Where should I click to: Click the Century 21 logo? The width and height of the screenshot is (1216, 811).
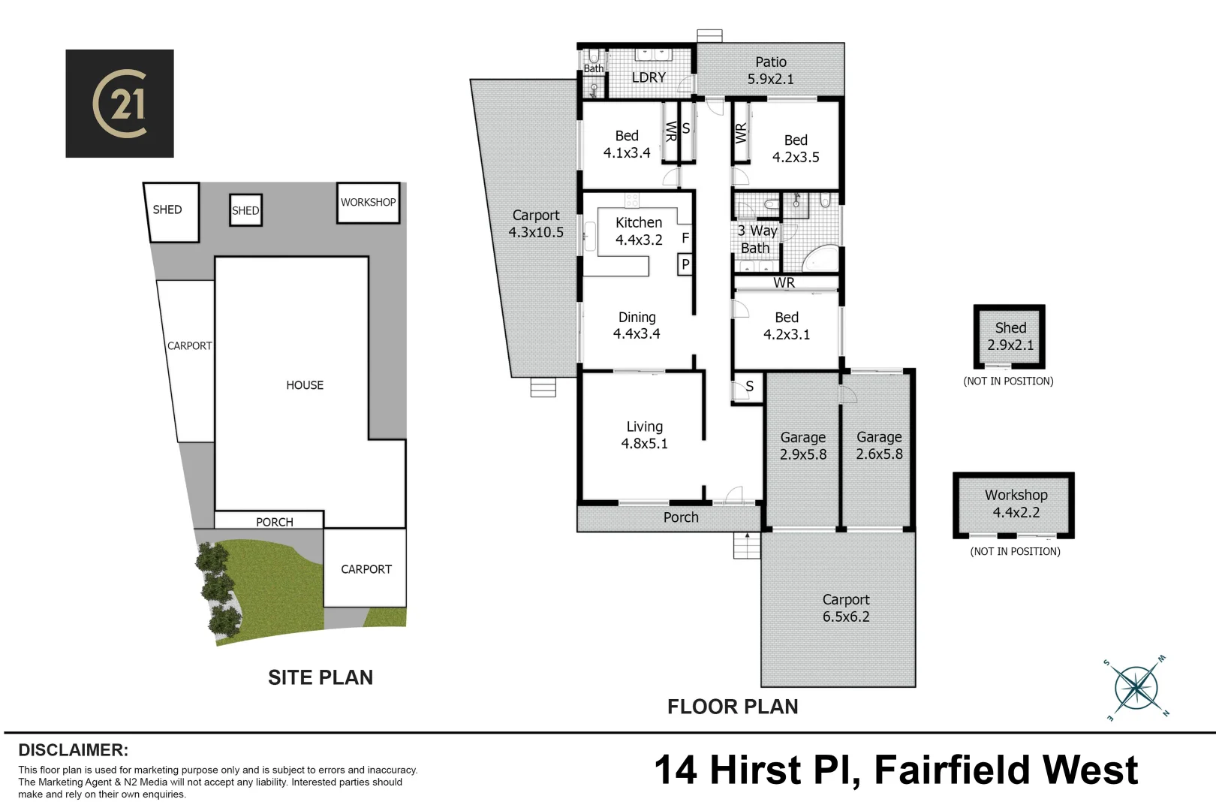[119, 104]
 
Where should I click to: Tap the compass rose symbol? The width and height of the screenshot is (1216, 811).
[1136, 688]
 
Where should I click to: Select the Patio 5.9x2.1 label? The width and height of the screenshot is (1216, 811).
[770, 71]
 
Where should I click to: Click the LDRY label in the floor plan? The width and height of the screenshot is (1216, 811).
[649, 77]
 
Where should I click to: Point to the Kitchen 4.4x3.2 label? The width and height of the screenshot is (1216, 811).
[639, 231]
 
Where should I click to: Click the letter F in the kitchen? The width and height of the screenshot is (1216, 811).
[685, 238]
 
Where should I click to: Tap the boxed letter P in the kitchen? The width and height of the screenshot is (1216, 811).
[685, 264]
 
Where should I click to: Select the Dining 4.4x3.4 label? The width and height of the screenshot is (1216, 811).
[637, 326]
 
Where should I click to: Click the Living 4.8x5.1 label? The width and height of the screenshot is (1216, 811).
[644, 435]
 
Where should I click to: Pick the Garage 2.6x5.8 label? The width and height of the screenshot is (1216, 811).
[879, 445]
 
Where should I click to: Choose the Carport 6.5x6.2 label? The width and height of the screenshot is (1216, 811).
[845, 608]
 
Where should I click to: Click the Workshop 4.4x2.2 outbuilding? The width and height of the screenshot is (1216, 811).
[1014, 505]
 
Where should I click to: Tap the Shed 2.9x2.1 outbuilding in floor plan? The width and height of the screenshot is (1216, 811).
[1010, 336]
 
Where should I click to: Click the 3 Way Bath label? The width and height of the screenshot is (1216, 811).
[756, 240]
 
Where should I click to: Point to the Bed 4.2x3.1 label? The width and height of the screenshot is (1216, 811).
[786, 326]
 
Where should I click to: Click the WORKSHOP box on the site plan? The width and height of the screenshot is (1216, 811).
[368, 203]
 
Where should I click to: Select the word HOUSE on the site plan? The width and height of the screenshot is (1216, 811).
[305, 385]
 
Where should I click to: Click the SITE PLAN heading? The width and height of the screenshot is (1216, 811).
[321, 677]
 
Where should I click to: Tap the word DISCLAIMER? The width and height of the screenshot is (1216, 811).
[73, 750]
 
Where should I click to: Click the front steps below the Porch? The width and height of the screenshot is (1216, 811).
[746, 546]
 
